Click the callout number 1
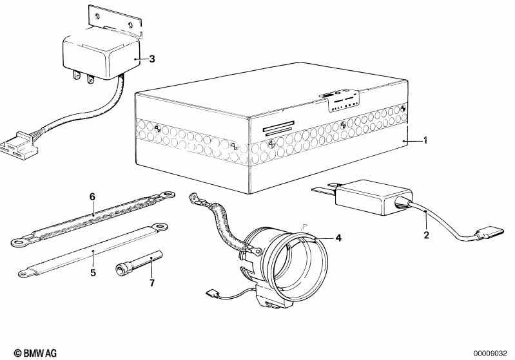coord(425,141)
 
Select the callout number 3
coord(152,59)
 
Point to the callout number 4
coord(338,237)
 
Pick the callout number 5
coord(93,272)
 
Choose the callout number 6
coord(92,196)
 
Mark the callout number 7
coord(152,283)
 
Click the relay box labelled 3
coord(101,55)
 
